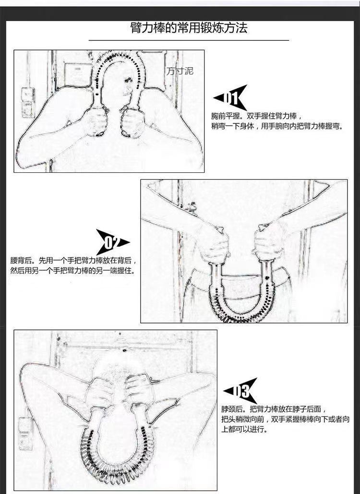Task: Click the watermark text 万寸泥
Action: pyautogui.click(x=180, y=71)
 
